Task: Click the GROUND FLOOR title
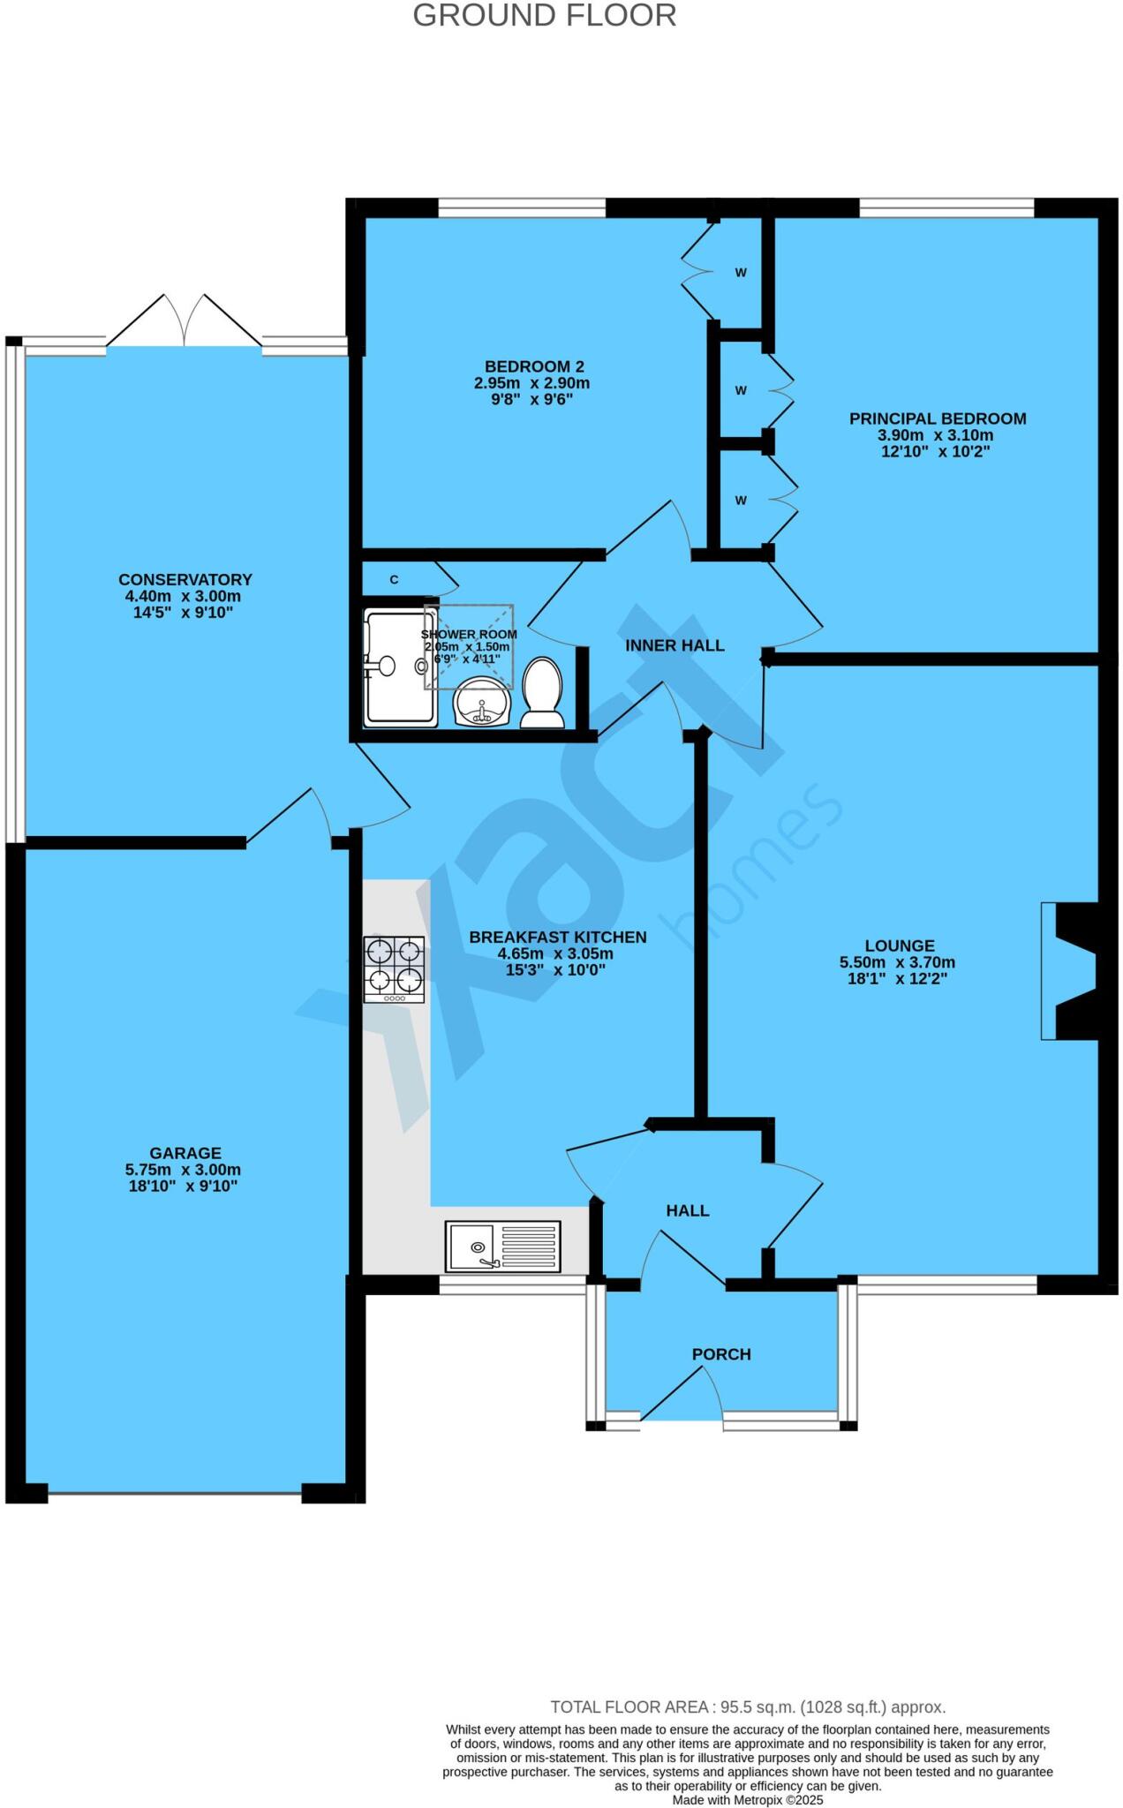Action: tap(544, 16)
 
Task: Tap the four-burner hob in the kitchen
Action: tap(394, 968)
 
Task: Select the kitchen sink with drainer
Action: tap(502, 1247)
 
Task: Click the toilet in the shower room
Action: tap(543, 694)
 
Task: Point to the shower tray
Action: tap(400, 667)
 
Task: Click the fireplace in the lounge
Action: tap(1074, 970)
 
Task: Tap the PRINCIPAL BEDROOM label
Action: tap(937, 418)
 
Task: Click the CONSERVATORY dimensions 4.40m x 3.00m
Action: tap(184, 596)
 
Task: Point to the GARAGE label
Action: tap(185, 1153)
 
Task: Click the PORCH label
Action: tap(721, 1354)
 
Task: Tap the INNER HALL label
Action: tap(675, 645)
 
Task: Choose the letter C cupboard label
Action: tap(395, 580)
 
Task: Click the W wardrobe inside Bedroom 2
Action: tap(741, 272)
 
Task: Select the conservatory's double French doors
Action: tap(185, 322)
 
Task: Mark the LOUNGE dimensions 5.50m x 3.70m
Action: tap(897, 962)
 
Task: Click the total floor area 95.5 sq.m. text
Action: tap(747, 1706)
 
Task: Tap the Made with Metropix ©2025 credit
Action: tap(747, 1799)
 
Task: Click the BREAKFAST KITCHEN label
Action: tap(557, 937)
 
